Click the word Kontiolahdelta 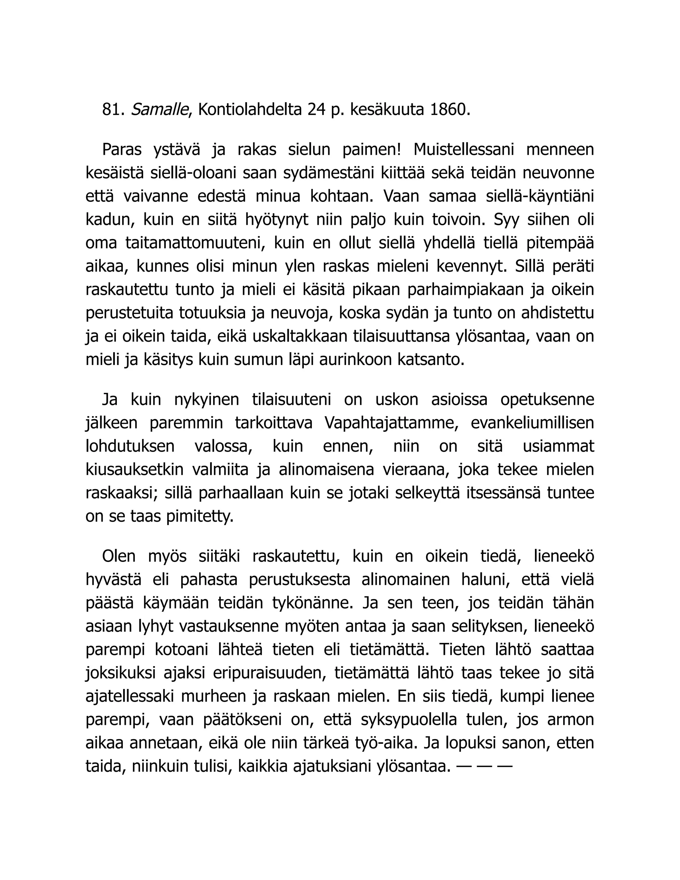(x=250, y=110)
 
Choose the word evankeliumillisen (x=532, y=423)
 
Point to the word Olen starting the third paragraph (x=119, y=557)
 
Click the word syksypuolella (x=409, y=720)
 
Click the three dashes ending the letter (x=484, y=767)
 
